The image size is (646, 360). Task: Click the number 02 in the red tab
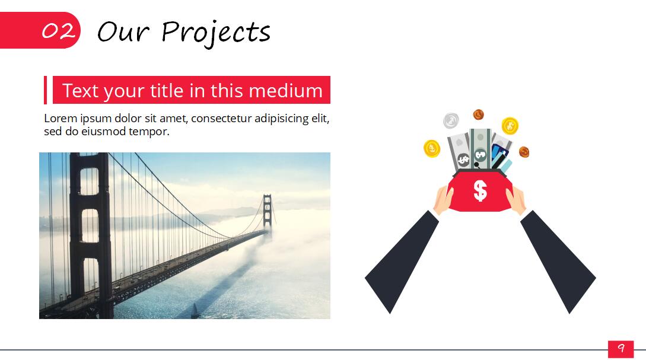(x=58, y=31)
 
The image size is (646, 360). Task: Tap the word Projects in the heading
(x=216, y=33)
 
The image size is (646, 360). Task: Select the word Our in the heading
(x=123, y=31)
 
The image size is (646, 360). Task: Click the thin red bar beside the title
(x=45, y=90)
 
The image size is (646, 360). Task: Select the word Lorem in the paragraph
(x=61, y=119)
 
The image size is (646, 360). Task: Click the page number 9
(x=620, y=349)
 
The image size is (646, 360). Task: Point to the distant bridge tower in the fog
(x=268, y=212)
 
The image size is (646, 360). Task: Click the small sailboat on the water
(x=195, y=310)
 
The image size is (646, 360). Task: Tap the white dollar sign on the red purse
(x=480, y=191)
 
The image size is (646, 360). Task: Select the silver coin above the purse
(x=451, y=120)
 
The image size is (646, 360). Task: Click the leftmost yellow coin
(x=432, y=148)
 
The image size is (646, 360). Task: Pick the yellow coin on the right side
(x=510, y=126)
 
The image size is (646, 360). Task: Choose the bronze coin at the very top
(x=478, y=114)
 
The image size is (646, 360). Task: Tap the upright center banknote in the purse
(x=480, y=149)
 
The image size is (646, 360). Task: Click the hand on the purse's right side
(x=516, y=200)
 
